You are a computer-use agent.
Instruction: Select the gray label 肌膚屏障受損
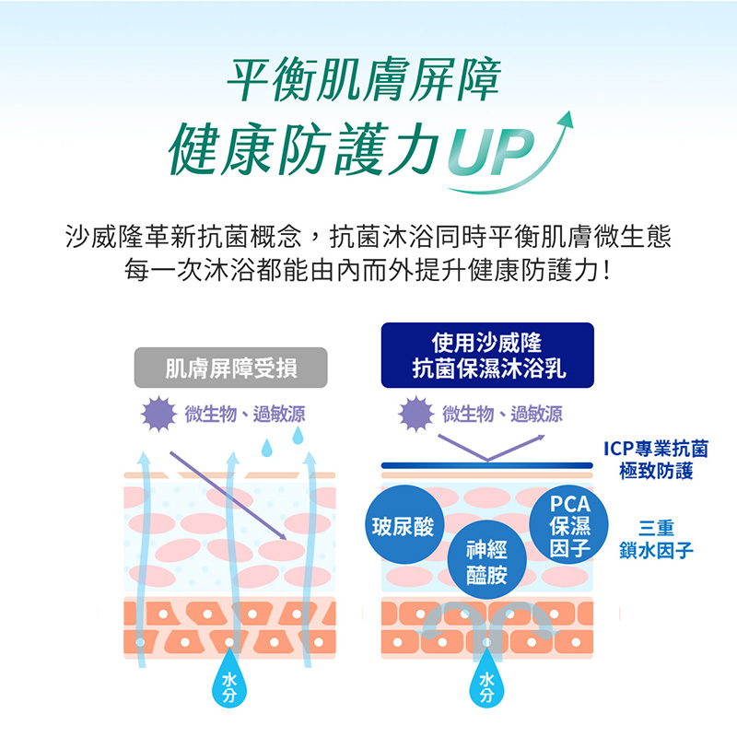231,368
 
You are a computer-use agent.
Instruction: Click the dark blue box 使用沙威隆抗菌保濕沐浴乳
487,356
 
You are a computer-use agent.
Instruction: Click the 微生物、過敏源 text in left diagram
245,414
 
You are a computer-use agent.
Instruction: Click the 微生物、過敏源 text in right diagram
502,414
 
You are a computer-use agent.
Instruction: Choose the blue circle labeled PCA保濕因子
568,526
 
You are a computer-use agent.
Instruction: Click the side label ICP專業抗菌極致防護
656,461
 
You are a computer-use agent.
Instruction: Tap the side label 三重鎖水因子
656,540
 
